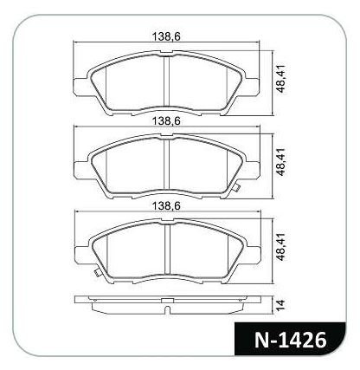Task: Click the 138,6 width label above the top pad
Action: click(x=166, y=36)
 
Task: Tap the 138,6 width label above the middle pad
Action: click(x=166, y=121)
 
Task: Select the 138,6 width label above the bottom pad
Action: click(x=166, y=206)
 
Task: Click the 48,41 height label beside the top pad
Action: click(x=280, y=79)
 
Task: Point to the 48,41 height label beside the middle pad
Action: click(x=280, y=162)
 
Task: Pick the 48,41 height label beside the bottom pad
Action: click(x=280, y=247)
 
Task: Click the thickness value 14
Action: click(x=280, y=304)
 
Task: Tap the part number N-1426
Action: click(x=291, y=340)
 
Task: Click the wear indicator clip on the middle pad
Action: click(x=235, y=187)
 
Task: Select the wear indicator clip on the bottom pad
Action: click(x=97, y=271)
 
